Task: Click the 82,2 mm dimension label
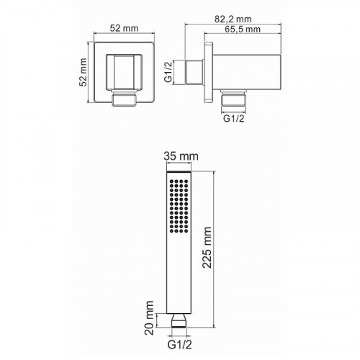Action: click(233, 19)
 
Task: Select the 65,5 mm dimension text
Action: click(243, 30)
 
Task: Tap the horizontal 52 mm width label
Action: click(124, 28)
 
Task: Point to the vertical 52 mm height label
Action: click(84, 72)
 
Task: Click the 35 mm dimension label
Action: click(181, 156)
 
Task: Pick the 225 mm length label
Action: click(207, 248)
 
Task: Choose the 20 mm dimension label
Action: click(150, 318)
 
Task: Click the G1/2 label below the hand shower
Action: click(180, 345)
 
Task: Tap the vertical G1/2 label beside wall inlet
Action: click(169, 72)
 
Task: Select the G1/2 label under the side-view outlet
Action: click(234, 118)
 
